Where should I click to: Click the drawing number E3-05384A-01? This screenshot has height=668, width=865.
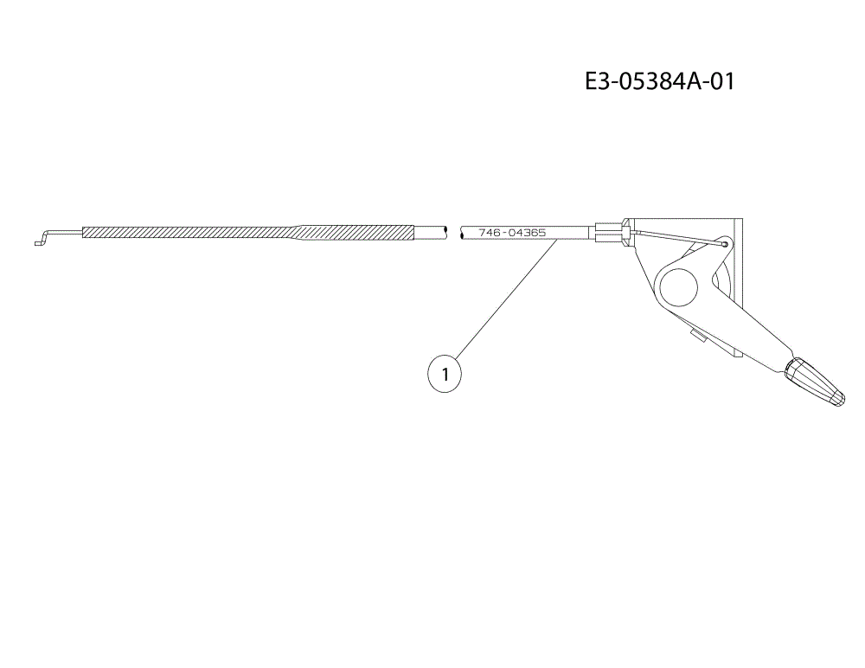click(x=659, y=81)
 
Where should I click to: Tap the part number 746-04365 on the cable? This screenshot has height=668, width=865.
click(x=512, y=233)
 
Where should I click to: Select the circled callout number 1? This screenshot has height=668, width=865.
click(x=445, y=375)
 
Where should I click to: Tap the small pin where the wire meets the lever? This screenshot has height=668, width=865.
click(x=724, y=243)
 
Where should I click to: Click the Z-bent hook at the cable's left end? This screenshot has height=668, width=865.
click(x=43, y=237)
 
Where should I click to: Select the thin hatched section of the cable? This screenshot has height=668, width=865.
click(x=190, y=232)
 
